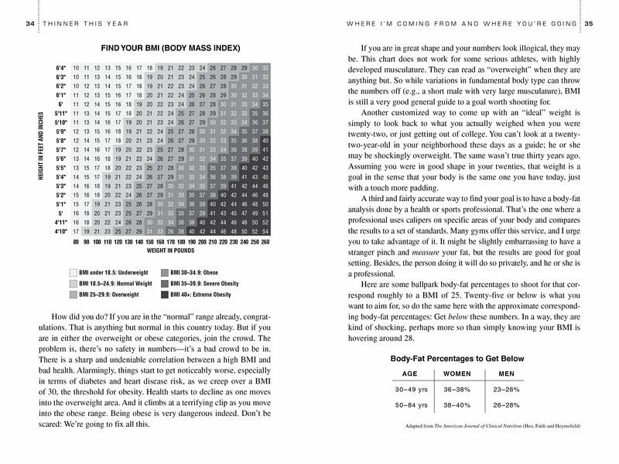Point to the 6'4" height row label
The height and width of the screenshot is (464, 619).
pyautogui.click(x=61, y=67)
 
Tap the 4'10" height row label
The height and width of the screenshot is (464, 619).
pyautogui.click(x=60, y=230)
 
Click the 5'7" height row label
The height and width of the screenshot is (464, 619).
pyautogui.click(x=62, y=148)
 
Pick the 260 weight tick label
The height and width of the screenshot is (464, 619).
pyautogui.click(x=265, y=242)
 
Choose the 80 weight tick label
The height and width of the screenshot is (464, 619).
pyautogui.click(x=76, y=242)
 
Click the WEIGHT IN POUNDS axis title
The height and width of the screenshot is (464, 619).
pyautogui.click(x=169, y=251)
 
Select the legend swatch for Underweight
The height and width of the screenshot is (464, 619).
pyautogui.click(x=74, y=273)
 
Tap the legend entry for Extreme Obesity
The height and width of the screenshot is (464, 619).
pyautogui.click(x=201, y=294)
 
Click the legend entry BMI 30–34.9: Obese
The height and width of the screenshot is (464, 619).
pyautogui.click(x=195, y=273)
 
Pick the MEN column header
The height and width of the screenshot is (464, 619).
pyautogui.click(x=507, y=374)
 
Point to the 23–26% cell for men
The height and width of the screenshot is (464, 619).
pyautogui.click(x=507, y=390)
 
